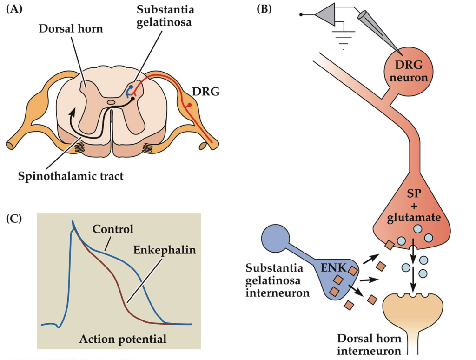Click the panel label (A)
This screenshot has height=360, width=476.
click(x=14, y=9)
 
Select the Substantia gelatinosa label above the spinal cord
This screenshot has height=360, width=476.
click(x=159, y=17)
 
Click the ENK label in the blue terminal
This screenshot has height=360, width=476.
click(x=331, y=269)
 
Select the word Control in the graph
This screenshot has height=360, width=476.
click(x=112, y=229)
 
